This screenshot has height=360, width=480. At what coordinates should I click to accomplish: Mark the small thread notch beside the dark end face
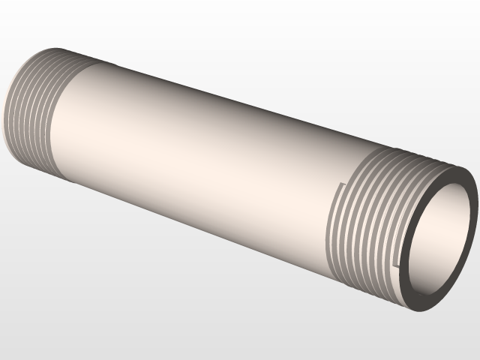click(x=395, y=262)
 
